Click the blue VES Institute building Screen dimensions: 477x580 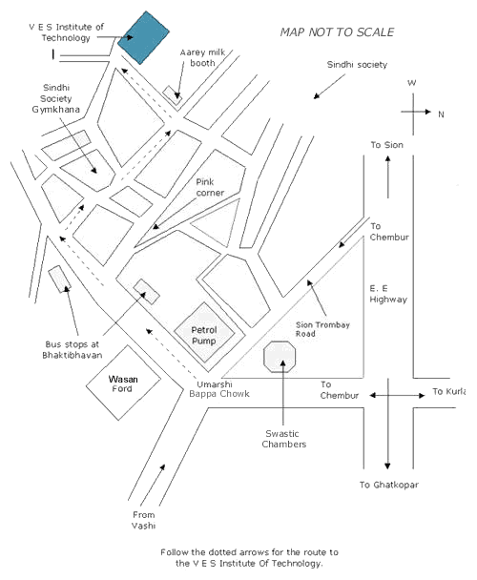coord(143,37)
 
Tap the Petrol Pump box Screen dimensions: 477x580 coord(204,332)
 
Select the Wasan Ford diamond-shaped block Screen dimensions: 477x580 coord(123,383)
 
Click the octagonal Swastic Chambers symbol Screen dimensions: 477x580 coord(280,357)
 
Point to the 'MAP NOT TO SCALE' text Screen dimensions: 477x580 coord(337,32)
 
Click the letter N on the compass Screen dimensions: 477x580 coord(441,114)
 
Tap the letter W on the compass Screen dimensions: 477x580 coord(412,83)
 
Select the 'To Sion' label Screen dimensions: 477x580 coord(386,145)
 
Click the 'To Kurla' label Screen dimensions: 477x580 coord(449,391)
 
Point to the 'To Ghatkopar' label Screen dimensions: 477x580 coord(389,485)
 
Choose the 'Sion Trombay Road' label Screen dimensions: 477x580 coord(322,329)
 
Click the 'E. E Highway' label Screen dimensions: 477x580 coord(388,294)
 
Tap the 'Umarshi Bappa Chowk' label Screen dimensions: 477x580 coord(219,389)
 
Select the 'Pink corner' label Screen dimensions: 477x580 coord(210,187)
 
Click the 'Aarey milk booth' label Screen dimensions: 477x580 coord(202,57)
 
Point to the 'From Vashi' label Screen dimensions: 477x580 coord(144,520)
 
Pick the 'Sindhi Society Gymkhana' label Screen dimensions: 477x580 coord(56,98)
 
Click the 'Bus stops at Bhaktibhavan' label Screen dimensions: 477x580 coord(73,349)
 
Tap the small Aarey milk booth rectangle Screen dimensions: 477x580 coord(173,95)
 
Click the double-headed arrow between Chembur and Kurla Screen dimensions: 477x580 coord(397,396)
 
